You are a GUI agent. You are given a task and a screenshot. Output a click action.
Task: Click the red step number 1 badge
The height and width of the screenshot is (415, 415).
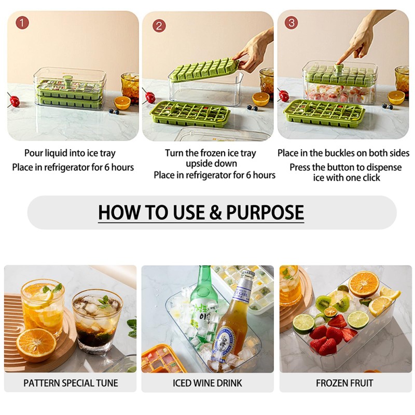pyautogui.click(x=22, y=23)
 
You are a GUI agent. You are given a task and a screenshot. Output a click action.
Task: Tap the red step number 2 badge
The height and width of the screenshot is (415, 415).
pyautogui.click(x=159, y=26)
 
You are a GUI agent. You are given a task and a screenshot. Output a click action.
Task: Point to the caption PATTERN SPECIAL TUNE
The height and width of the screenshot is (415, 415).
pyautogui.click(x=71, y=383)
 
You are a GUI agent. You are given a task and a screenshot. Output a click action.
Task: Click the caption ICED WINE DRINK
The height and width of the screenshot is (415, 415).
pyautogui.click(x=208, y=383)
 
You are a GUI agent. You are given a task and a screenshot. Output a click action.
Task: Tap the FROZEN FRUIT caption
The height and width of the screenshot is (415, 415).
pyautogui.click(x=344, y=383)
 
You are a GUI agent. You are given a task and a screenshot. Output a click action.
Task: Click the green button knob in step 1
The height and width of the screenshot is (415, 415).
pyautogui.click(x=67, y=80)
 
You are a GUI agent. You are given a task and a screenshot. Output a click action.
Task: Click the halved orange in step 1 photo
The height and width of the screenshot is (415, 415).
pyautogui.click(x=122, y=103)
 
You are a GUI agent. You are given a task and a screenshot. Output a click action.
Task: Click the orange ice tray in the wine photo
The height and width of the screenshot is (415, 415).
pyautogui.click(x=164, y=359)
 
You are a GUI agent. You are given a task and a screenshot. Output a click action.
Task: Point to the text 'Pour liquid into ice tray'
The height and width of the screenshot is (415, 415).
pyautogui.click(x=70, y=153)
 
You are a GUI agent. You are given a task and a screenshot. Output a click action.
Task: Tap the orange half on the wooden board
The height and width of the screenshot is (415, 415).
pyautogui.click(x=36, y=342)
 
